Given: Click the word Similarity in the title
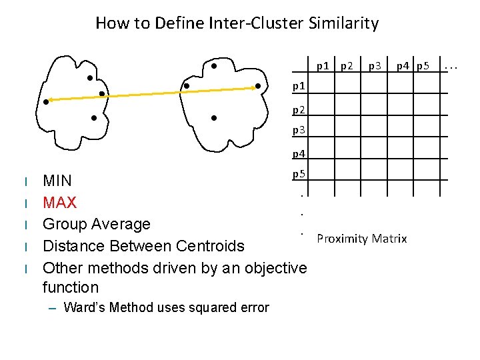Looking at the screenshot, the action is click(343, 23).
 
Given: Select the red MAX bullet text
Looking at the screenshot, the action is click(59, 202).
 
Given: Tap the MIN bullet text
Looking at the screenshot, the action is click(57, 181).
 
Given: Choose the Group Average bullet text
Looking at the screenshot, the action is click(97, 223).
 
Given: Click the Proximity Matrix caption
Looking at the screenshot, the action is click(362, 239).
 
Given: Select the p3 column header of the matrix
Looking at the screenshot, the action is click(375, 65).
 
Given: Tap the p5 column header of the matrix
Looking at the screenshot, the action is click(423, 65).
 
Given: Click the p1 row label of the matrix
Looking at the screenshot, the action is click(299, 86).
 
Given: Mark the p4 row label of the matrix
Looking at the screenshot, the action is click(299, 154).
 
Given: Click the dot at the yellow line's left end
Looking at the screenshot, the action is click(47, 101).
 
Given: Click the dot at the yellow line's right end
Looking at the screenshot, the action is click(259, 86).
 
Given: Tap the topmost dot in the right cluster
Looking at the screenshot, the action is click(214, 66).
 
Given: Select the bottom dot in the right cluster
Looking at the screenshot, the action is click(213, 118).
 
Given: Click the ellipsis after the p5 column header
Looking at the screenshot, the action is click(451, 66).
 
